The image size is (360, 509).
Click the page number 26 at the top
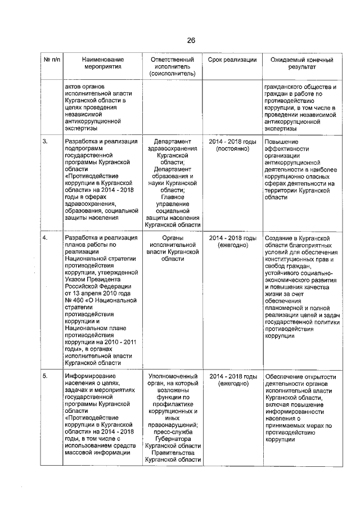click(191, 40)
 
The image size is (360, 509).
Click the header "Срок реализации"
click(232, 60)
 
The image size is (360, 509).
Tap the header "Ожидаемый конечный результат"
click(301, 63)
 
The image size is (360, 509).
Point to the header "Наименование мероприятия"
click(102, 63)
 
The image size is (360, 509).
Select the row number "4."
click(45, 238)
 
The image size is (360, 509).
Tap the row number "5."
click(45, 376)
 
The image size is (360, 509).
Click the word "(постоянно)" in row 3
click(232, 149)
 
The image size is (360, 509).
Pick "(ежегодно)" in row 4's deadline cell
click(232, 246)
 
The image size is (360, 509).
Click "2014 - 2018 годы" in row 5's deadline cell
click(232, 376)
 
